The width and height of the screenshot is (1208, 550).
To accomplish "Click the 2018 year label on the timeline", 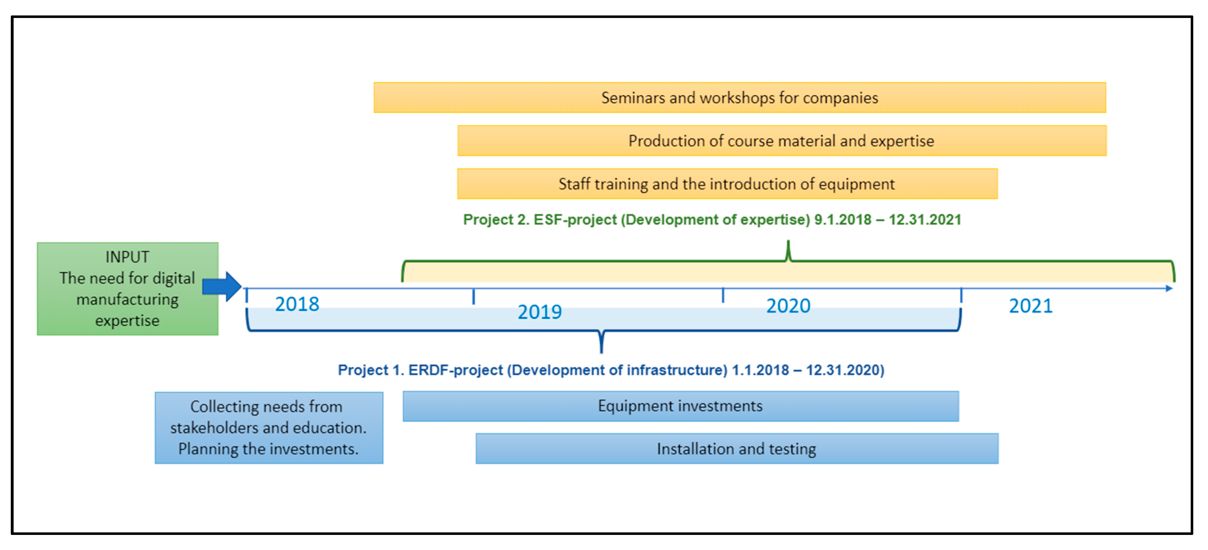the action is (x=297, y=305).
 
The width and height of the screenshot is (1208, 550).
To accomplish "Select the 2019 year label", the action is (x=540, y=312).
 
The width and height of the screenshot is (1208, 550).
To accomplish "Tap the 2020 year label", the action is (x=788, y=306).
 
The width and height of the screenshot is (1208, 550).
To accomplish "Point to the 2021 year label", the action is (x=1031, y=306).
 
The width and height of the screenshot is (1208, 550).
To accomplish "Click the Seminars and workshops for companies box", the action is (x=740, y=97).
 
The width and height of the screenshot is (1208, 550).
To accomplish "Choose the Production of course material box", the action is (x=782, y=140).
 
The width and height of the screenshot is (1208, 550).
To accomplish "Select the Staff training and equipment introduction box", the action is (x=727, y=184).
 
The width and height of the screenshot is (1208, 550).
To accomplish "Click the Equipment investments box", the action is (x=681, y=406).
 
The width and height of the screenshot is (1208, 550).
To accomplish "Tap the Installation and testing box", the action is (x=737, y=448).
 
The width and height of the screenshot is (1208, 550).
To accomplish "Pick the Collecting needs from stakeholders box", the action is (x=269, y=428).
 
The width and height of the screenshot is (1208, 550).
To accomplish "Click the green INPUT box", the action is (x=128, y=288).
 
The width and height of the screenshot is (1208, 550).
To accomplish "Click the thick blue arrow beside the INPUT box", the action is (x=222, y=286).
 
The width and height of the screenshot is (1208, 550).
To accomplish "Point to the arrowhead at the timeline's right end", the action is (x=1169, y=288).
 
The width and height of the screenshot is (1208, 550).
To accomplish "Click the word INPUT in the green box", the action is (x=127, y=257).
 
